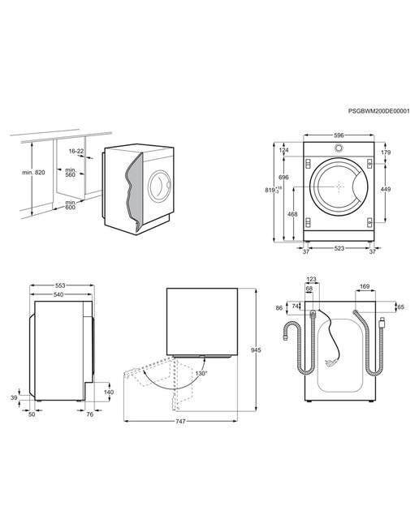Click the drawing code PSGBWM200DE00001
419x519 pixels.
click(x=378, y=111)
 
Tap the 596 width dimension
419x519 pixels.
click(x=339, y=135)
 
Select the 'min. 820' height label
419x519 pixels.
click(x=33, y=173)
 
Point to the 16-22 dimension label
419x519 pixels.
click(x=76, y=151)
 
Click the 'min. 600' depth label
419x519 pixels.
click(x=71, y=205)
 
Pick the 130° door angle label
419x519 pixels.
click(x=201, y=373)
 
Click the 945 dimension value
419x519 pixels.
click(x=256, y=350)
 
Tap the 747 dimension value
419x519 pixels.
click(x=180, y=422)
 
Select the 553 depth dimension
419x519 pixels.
click(x=60, y=285)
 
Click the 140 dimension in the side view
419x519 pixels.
click(x=109, y=392)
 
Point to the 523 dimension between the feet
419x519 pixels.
click(x=339, y=248)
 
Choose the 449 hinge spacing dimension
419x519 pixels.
click(x=386, y=189)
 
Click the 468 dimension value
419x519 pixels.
click(x=292, y=214)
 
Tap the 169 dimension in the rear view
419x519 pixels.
click(x=365, y=286)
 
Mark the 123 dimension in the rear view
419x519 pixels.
click(x=311, y=279)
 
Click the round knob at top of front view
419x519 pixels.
click(x=339, y=148)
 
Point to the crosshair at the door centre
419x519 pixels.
click(x=339, y=187)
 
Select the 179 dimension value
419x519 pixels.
click(x=386, y=152)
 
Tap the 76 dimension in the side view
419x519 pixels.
click(x=90, y=414)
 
